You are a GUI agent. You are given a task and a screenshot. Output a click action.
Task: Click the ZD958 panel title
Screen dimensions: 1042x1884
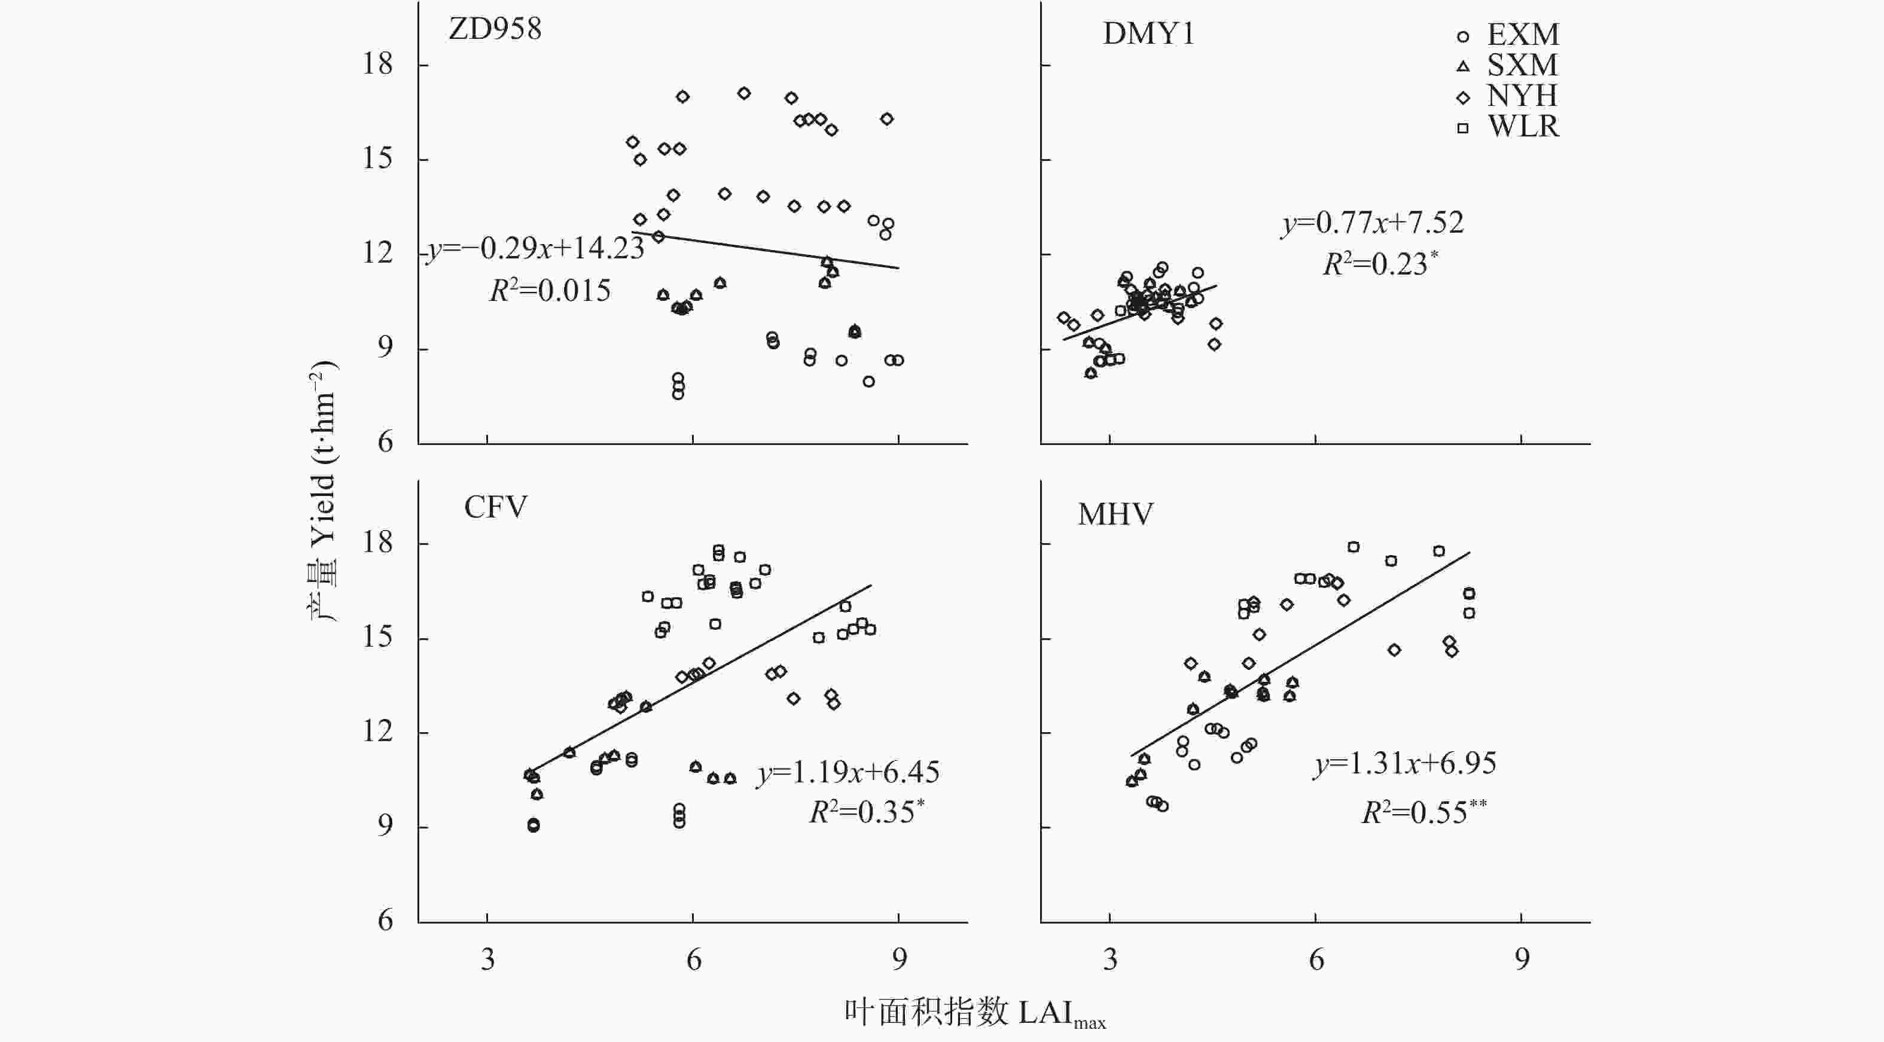(x=495, y=29)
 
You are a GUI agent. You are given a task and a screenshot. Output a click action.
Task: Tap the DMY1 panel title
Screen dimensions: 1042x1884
(x=1148, y=33)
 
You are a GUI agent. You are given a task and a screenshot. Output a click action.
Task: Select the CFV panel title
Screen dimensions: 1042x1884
(x=495, y=507)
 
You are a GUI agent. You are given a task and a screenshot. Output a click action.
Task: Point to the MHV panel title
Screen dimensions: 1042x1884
(x=1115, y=515)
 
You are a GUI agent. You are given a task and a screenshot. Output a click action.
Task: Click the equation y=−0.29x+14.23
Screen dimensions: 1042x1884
(x=535, y=249)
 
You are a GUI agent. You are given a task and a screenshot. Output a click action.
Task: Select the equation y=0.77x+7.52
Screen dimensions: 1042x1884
(x=1373, y=223)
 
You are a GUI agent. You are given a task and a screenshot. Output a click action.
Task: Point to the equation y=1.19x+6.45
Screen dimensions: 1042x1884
(x=848, y=772)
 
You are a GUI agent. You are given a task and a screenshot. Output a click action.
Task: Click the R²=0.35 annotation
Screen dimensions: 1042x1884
(x=866, y=812)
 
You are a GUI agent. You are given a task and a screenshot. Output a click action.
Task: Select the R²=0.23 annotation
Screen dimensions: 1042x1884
(x=1379, y=264)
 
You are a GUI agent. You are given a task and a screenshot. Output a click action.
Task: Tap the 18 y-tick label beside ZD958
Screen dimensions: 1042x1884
(x=377, y=65)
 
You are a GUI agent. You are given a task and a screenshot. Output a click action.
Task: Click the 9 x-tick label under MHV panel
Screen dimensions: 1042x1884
(x=1522, y=959)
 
